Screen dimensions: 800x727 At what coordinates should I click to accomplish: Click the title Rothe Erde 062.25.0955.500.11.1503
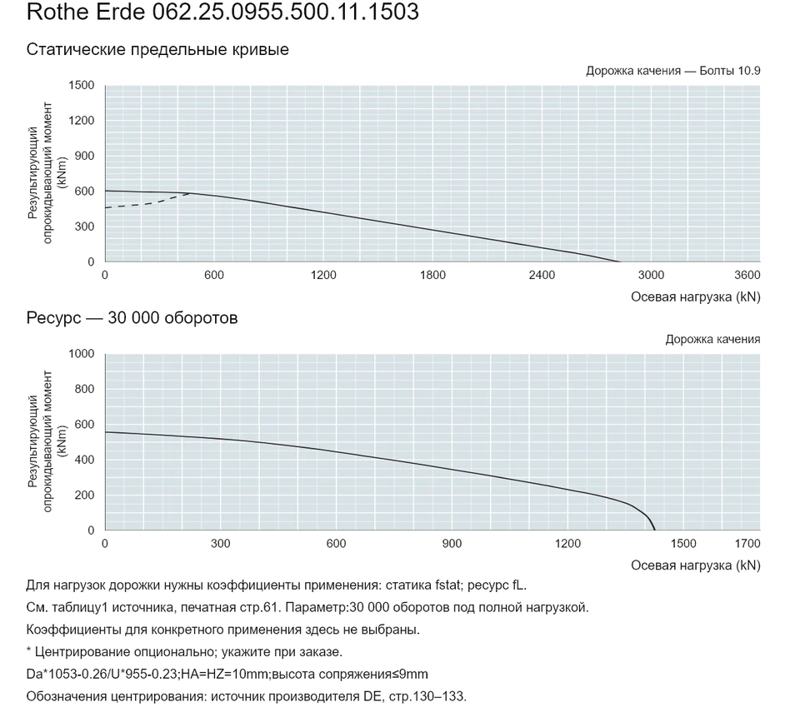pos(222,12)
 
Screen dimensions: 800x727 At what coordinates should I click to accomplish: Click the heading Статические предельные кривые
pos(157,49)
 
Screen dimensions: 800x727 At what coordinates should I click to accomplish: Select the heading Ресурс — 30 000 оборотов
pos(132,318)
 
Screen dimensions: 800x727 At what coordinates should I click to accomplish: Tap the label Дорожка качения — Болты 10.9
pos(673,71)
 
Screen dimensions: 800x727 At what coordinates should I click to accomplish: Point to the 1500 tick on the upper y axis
pos(82,85)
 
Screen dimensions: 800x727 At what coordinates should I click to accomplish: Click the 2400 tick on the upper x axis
pos(542,276)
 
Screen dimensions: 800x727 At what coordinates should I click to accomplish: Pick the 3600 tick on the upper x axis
pos(747,276)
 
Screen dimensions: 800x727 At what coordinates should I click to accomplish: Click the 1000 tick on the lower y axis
pos(82,354)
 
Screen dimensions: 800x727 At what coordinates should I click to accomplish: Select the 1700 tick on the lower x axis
pos(747,544)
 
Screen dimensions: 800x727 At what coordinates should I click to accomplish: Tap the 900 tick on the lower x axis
pos(452,544)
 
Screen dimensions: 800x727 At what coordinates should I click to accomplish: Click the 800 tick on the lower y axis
pos(85,389)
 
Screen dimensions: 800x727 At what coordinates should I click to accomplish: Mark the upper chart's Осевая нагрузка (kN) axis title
pos(696,297)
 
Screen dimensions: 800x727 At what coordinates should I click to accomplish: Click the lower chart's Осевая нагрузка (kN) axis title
pos(696,565)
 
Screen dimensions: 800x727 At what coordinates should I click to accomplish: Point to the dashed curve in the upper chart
pos(148,204)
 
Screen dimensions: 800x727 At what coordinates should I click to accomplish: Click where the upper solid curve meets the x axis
pos(619,261)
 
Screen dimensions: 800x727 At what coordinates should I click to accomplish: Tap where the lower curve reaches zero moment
pos(655,530)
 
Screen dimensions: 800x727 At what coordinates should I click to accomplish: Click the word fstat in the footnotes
pos(447,585)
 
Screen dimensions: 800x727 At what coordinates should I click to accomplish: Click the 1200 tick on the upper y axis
pos(82,121)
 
